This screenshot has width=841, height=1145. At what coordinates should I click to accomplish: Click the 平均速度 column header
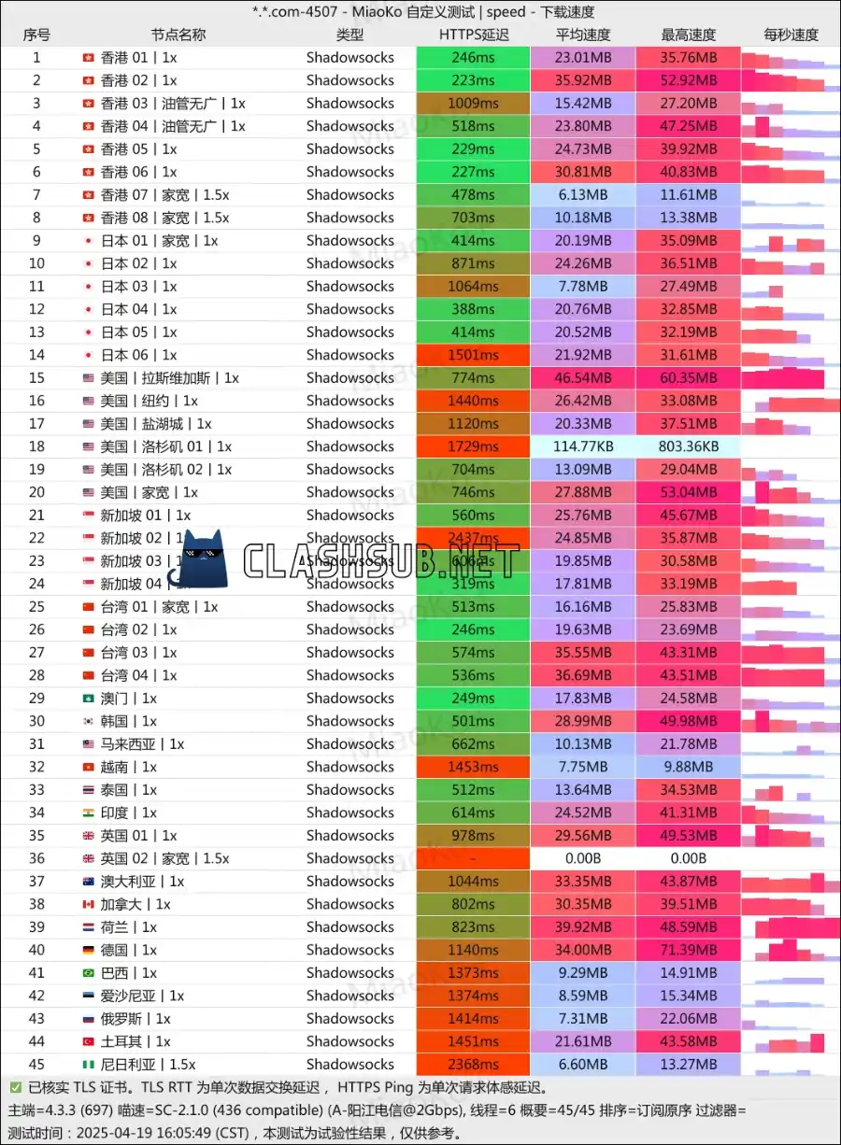pos(583,35)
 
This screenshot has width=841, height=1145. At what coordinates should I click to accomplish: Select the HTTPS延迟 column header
pos(474,35)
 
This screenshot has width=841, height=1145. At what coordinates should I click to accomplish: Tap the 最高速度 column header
pos(689,35)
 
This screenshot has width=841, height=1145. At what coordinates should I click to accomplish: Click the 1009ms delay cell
pos(473,103)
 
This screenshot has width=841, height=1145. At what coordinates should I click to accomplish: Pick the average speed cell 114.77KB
pos(583,446)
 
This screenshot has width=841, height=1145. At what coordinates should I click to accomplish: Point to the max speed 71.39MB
pos(689,950)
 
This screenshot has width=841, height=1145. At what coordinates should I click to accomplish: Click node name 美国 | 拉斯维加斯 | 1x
pos(169,378)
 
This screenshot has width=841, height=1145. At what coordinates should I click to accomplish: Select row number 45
pos(36,1065)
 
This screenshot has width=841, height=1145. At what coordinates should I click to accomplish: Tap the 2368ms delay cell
pos(473,1065)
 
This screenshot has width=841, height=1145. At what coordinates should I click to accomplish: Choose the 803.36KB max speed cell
pos(689,446)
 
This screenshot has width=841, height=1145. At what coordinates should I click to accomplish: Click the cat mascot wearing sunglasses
pos(207,559)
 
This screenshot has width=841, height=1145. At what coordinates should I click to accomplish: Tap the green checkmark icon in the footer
pos(15,1087)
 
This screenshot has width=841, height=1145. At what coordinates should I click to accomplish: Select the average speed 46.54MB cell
pos(583,378)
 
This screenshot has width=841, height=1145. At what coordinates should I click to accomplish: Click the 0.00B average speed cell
pos(583,858)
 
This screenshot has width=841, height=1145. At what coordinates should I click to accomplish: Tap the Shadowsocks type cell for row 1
pos(350,57)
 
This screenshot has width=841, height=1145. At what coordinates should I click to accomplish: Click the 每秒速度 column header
pos(791,35)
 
